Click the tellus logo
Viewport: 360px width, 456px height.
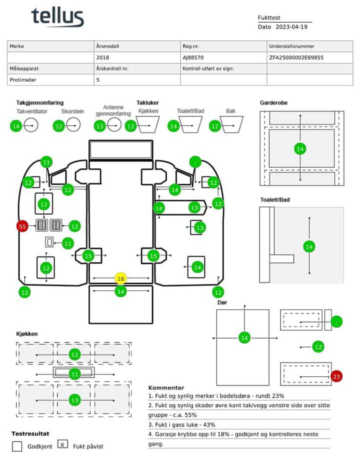(57, 17)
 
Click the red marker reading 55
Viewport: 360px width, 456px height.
(22, 226)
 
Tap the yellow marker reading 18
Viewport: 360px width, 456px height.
(120, 278)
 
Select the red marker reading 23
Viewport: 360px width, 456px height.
(336, 376)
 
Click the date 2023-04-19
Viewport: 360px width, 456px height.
(291, 27)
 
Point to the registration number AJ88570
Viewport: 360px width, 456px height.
(193, 57)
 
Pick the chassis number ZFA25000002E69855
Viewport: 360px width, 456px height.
(296, 57)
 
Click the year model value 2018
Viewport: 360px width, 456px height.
(102, 57)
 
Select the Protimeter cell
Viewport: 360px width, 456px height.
(23, 80)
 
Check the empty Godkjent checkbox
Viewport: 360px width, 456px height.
(17, 446)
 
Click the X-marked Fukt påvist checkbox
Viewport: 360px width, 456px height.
(62, 444)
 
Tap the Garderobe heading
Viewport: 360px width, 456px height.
(273, 102)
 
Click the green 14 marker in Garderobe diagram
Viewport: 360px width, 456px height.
(300, 149)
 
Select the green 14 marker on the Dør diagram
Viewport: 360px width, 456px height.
(244, 338)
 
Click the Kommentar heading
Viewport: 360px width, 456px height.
(166, 387)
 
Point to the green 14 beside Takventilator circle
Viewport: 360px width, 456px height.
(16, 126)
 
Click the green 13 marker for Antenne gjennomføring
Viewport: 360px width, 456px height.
(99, 126)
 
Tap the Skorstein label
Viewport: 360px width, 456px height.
(72, 111)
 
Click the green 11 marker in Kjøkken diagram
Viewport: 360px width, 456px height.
(74, 374)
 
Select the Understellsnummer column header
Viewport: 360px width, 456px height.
(291, 46)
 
